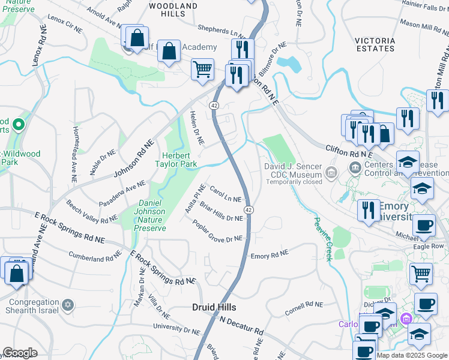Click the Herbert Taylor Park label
pos(176,159)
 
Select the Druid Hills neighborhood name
pos(214,307)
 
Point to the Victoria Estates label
pos(375,46)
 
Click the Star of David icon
pos(67,306)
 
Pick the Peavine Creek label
pos(321,239)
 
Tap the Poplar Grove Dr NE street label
pos(217,232)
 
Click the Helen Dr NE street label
pos(197,128)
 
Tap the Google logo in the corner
pos(20,353)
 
